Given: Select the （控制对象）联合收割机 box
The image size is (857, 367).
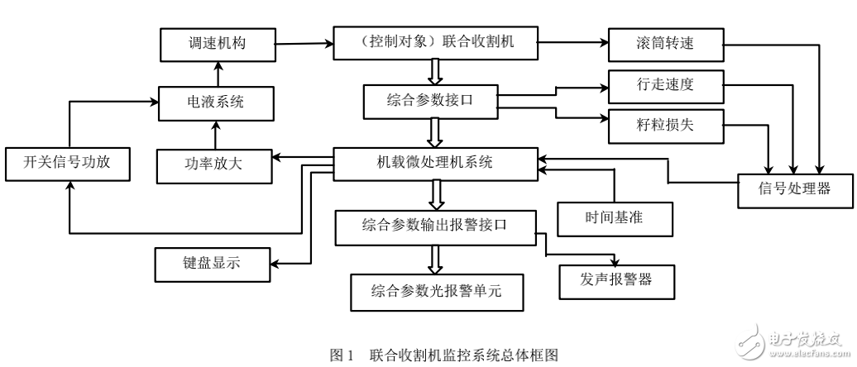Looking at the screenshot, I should pos(434,41).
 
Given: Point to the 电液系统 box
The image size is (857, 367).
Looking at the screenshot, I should pos(214,102).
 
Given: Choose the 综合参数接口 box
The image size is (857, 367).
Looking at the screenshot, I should pos(431,101).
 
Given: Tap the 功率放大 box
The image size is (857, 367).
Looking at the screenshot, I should pos(214,164).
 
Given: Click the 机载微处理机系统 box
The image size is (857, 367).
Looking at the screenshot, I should pos(434,163).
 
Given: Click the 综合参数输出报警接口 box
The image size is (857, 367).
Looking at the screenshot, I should pos(435,226).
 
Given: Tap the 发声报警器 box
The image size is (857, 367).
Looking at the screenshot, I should pos(617,279).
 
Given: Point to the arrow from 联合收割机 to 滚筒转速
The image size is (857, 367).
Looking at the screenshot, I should pos(571,43).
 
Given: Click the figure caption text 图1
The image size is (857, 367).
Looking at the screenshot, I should pos(342,355).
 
